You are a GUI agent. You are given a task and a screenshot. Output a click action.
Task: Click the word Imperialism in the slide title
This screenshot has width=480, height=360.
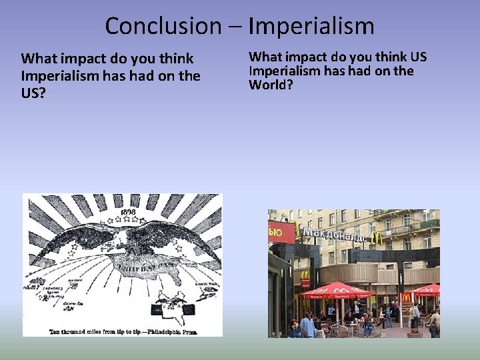tap(311, 26)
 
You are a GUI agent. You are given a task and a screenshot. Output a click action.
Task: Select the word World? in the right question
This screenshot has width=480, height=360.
tap(271, 85)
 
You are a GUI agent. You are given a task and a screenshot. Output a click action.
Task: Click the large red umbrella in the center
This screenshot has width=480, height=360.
tap(336, 290)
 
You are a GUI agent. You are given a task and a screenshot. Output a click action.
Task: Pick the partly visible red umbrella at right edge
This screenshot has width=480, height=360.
tap(428, 289)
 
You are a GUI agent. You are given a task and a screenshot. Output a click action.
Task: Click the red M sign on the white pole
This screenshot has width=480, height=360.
tap(406, 297)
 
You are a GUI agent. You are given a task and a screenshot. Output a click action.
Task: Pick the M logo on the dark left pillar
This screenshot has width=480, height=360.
tap(304, 275)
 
